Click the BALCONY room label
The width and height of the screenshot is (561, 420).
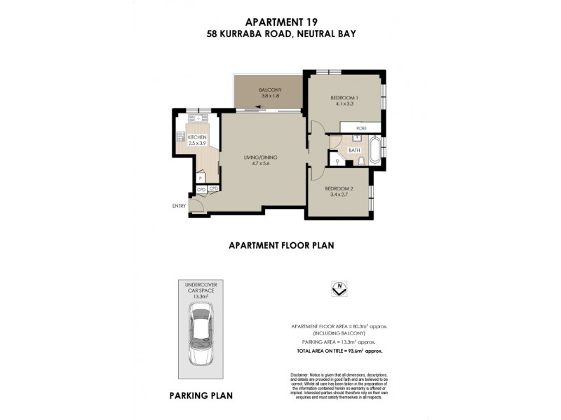click(x=270, y=90)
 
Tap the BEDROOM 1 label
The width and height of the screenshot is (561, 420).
click(x=344, y=97)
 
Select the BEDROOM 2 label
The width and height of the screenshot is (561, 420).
click(x=339, y=189)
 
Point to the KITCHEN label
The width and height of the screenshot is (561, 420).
click(x=197, y=136)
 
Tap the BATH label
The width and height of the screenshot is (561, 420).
click(x=354, y=150)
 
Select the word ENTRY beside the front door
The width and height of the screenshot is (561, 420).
click(x=179, y=205)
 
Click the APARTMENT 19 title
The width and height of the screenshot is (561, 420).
click(x=280, y=22)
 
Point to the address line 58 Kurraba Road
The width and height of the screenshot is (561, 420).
click(x=280, y=34)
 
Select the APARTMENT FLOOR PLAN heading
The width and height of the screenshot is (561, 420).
click(x=280, y=246)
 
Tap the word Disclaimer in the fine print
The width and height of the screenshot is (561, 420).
click(x=295, y=372)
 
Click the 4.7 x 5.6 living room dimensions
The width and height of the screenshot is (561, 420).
click(x=257, y=164)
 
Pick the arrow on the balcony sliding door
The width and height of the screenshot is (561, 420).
click(x=260, y=108)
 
